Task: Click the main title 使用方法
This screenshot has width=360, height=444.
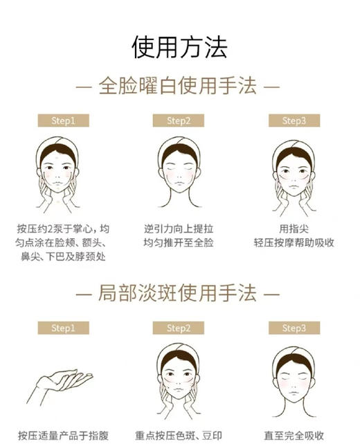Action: [179, 47]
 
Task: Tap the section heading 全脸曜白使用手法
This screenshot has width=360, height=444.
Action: [178, 87]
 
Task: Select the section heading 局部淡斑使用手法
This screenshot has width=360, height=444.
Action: [178, 294]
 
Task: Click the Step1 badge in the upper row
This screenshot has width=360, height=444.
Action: [63, 121]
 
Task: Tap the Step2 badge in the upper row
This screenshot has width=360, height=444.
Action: [179, 121]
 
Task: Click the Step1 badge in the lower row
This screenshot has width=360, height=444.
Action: [63, 328]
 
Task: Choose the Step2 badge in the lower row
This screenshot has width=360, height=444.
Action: [179, 328]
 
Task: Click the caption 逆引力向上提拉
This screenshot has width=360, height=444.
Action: [179, 229]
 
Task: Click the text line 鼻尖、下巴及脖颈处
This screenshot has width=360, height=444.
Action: [63, 257]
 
